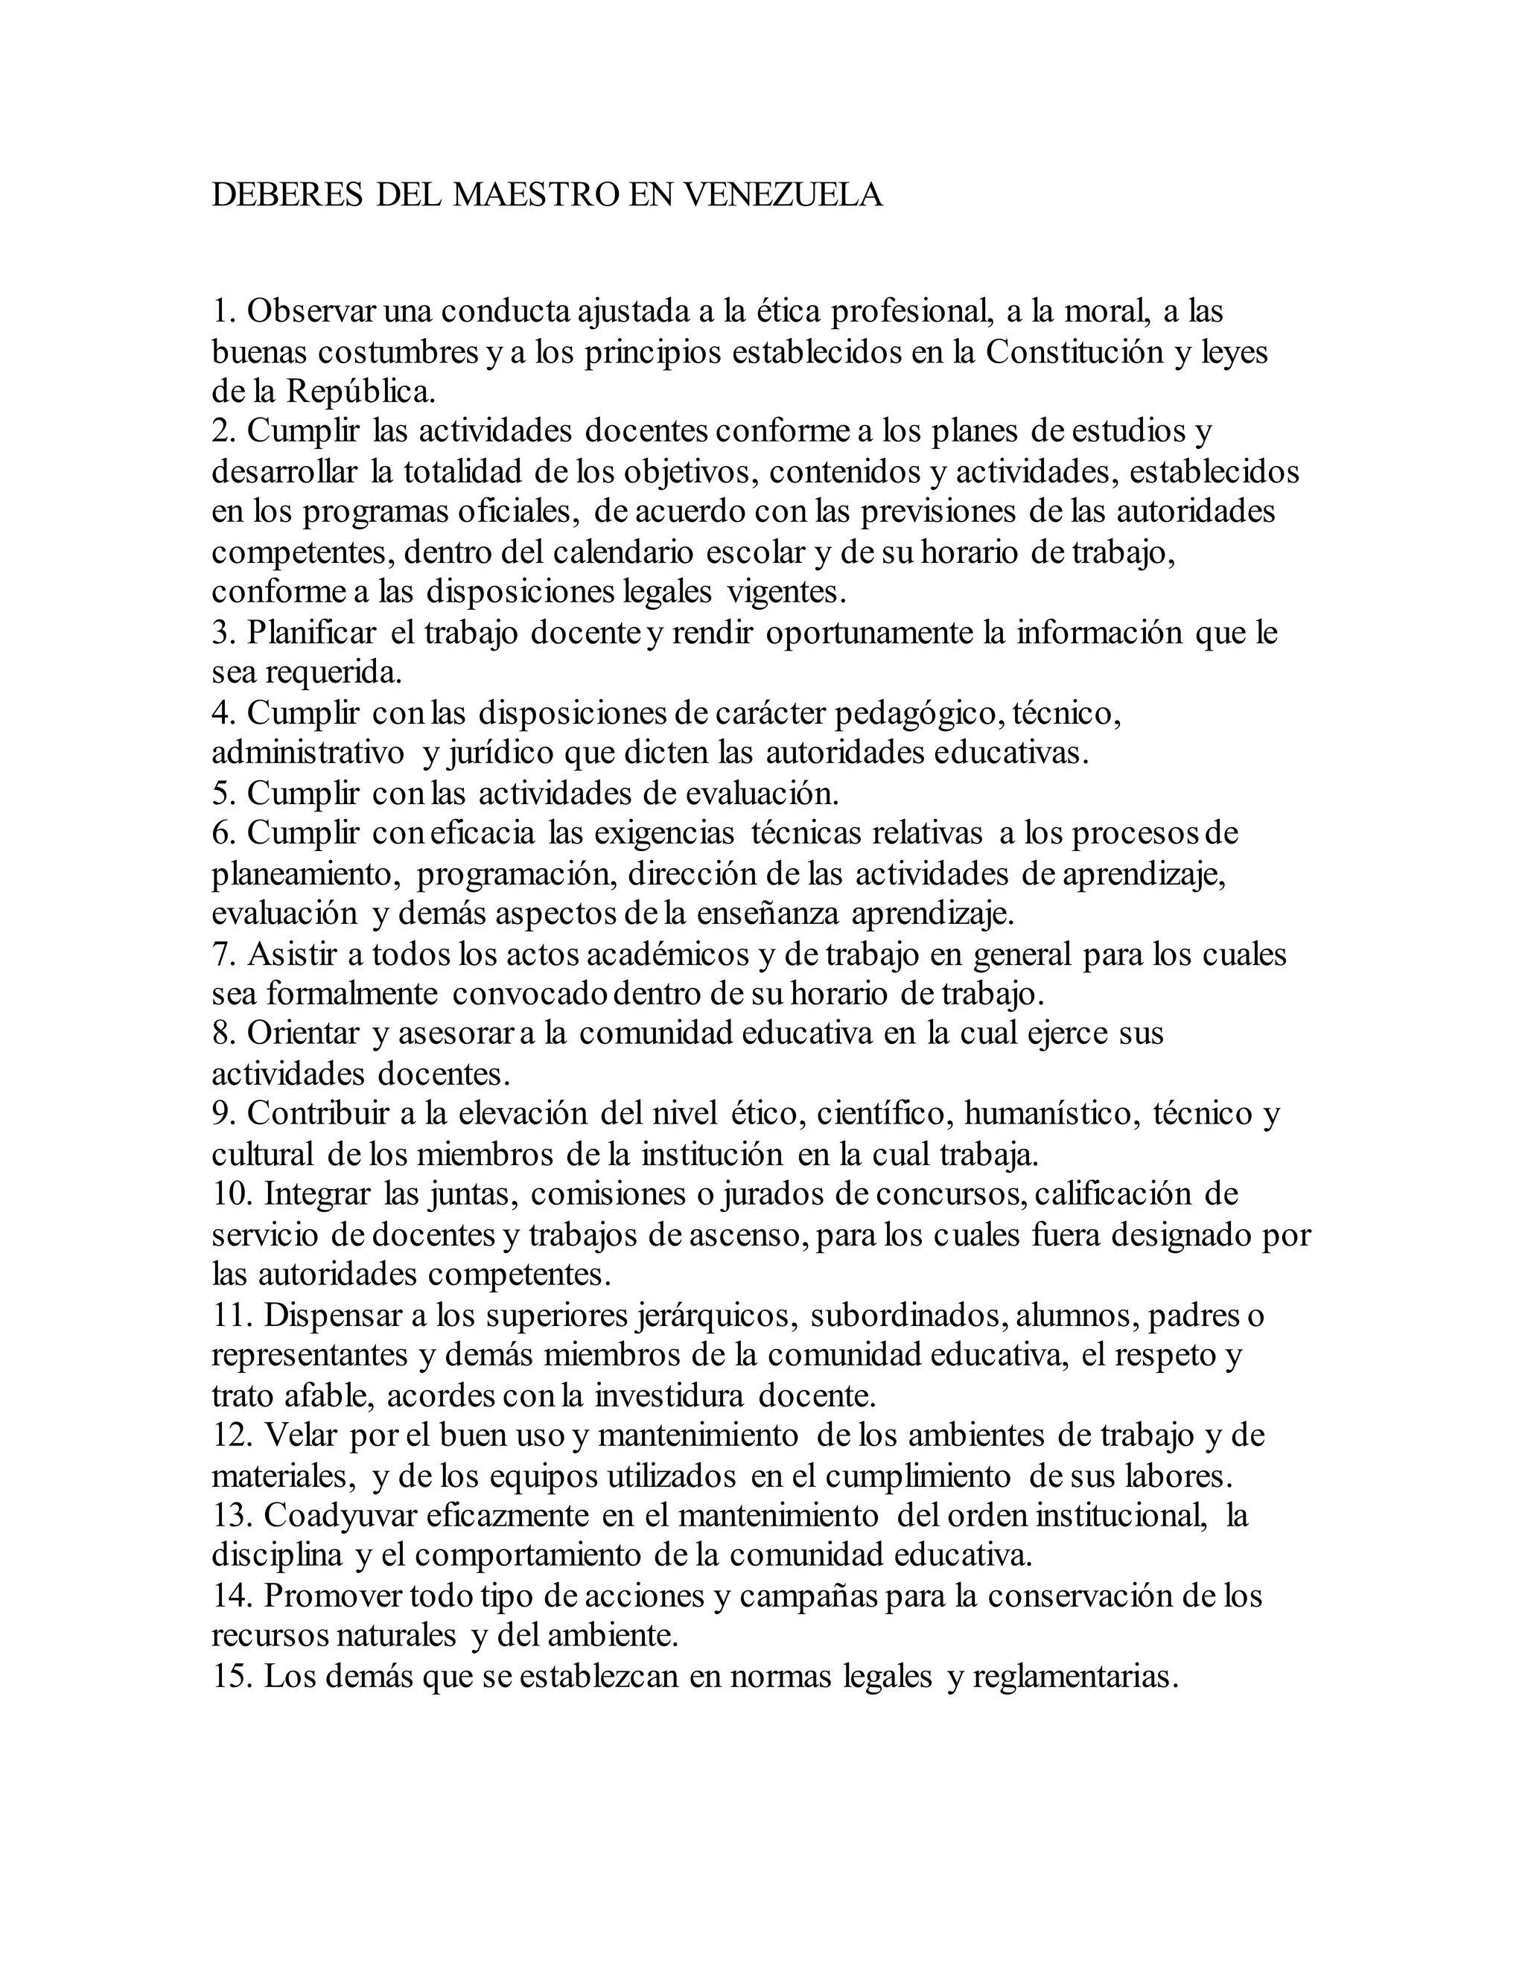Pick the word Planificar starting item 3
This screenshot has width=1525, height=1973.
[x=312, y=632]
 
